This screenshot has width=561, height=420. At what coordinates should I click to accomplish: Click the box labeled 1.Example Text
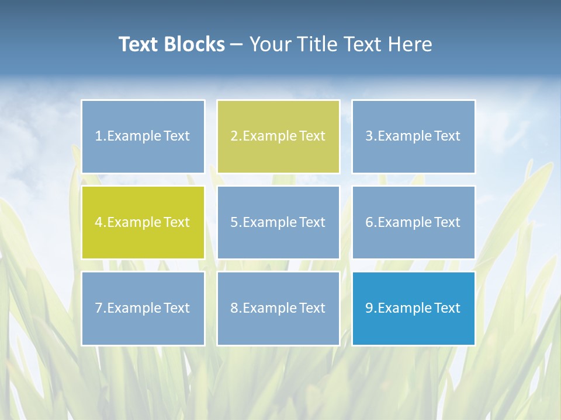(143, 136)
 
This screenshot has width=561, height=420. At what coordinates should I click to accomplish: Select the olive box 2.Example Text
(278, 136)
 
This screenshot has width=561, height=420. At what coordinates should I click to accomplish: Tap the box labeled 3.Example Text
(413, 136)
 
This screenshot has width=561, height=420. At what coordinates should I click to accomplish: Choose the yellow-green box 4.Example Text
(143, 222)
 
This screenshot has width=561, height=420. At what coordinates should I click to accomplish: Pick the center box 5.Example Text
(278, 222)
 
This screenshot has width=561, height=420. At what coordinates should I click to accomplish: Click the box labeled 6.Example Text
(413, 222)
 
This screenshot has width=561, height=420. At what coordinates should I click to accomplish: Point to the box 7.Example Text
(143, 308)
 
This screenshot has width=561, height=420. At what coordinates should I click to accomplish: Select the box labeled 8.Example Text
(278, 308)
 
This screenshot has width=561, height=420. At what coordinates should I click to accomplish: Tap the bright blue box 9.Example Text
(413, 308)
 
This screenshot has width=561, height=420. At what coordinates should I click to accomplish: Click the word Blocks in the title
(195, 44)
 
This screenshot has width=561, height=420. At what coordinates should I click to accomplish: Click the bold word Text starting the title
(140, 44)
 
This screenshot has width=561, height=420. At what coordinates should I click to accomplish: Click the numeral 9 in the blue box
(369, 308)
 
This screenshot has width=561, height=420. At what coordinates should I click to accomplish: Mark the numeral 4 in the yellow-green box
(99, 222)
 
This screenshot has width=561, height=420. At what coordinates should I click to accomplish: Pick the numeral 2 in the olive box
(234, 136)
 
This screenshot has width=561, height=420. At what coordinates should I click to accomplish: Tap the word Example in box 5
(269, 222)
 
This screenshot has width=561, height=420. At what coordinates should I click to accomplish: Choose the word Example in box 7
(134, 308)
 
